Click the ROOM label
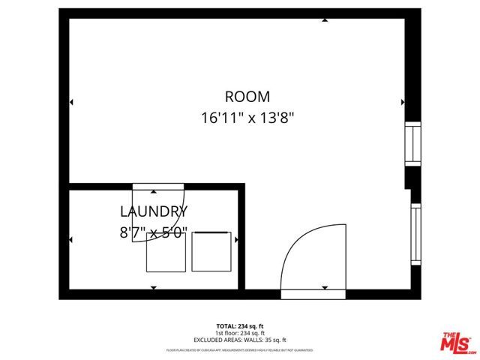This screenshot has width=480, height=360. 247,97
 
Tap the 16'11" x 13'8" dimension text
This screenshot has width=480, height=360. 247,117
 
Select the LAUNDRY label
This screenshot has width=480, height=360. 154,211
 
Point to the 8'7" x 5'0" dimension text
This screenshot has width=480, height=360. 154,232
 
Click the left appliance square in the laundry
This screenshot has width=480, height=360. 165,251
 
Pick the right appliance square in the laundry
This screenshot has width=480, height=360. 213,251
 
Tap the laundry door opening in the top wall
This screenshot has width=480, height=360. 158,186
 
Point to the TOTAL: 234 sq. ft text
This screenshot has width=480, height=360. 239,325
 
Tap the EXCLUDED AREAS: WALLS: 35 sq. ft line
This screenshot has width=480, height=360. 239,338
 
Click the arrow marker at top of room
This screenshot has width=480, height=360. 324,20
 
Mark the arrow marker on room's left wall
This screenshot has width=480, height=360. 71,102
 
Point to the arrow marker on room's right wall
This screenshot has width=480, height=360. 403,102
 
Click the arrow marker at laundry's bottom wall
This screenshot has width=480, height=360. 153,287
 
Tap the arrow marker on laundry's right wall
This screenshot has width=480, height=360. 236,240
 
